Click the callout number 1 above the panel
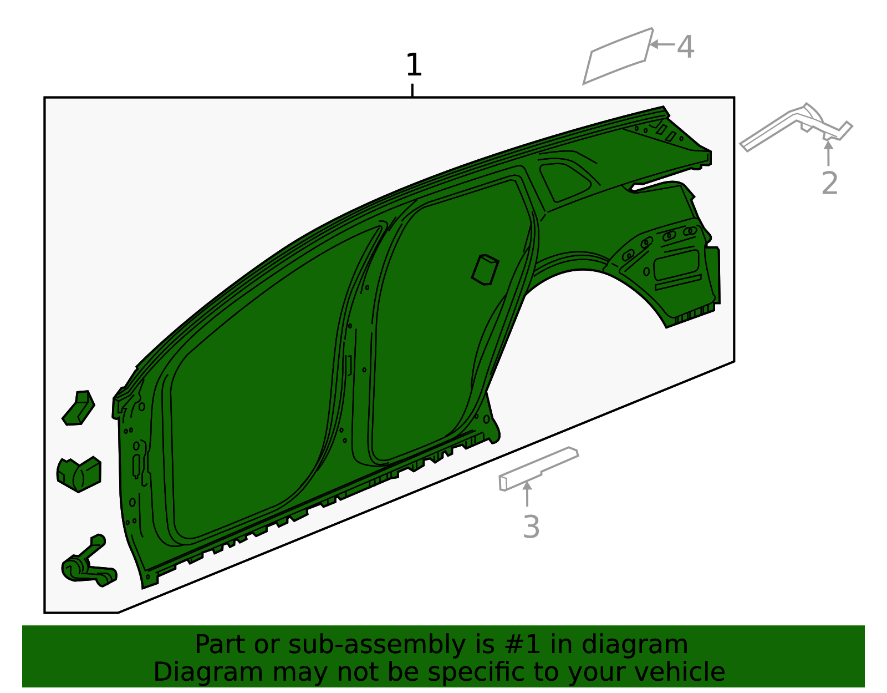(414, 65)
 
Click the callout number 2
(829, 184)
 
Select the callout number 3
(531, 527)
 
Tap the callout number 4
(686, 47)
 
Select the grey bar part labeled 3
(538, 468)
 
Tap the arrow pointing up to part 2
(828, 152)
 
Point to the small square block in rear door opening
(485, 270)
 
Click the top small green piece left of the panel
(79, 408)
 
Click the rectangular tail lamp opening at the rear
(677, 265)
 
